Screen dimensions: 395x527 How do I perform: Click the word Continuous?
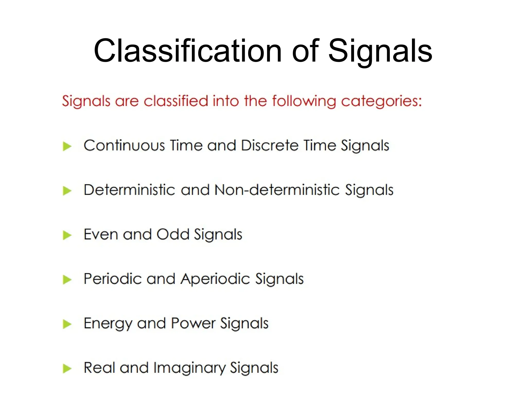click(124, 145)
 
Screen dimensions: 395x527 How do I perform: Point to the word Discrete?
click(270, 145)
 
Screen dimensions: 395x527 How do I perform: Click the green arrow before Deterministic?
click(67, 191)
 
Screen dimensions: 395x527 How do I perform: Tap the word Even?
click(101, 234)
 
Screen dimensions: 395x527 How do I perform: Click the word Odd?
click(173, 234)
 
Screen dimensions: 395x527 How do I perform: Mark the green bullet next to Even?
click(67, 235)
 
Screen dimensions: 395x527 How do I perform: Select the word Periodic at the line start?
click(113, 279)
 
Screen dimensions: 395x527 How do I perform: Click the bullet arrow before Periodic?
click(67, 280)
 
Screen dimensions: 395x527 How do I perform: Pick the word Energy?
click(108, 324)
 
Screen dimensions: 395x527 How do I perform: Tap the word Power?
click(193, 323)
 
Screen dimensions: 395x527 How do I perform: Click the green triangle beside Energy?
click(67, 324)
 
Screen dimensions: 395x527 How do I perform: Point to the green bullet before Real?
click(67, 369)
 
